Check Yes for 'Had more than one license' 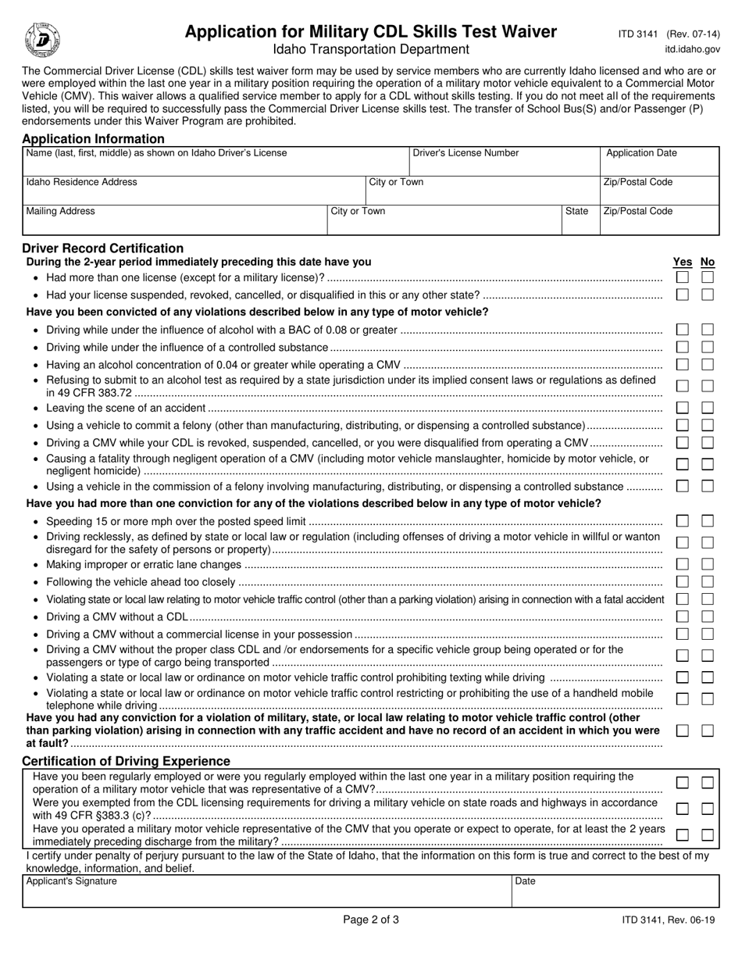(682, 277)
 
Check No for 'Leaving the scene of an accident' (708, 407)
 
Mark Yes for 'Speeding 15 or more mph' (682, 521)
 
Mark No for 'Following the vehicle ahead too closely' (708, 581)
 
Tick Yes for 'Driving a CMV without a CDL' (682, 616)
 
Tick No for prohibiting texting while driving (708, 677)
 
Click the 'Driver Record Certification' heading (102, 248)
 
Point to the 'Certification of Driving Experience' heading (126, 761)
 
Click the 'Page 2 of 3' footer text (371, 920)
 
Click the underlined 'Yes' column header (682, 263)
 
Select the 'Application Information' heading (93, 139)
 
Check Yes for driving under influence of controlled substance (682, 347)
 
